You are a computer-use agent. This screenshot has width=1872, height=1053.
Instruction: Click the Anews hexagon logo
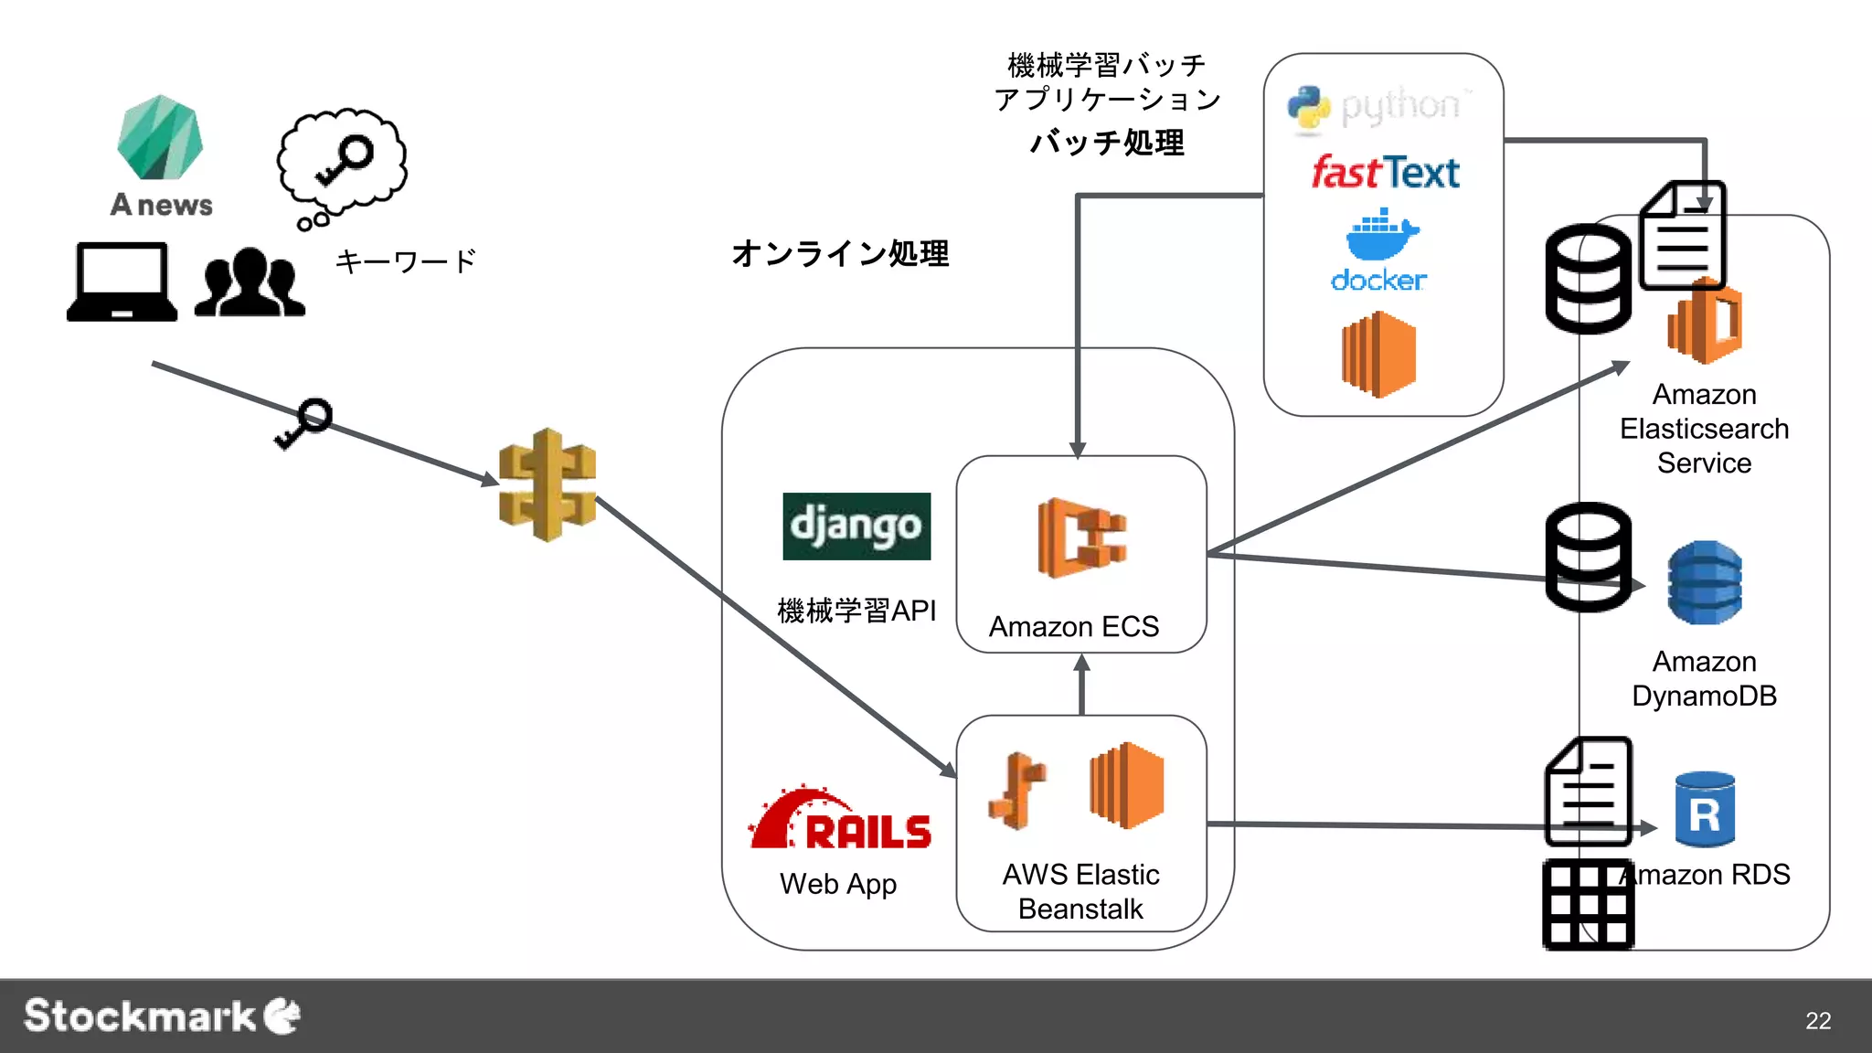(160, 138)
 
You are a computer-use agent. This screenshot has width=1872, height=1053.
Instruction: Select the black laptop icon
(122, 282)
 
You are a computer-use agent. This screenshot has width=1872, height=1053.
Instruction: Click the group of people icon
(250, 282)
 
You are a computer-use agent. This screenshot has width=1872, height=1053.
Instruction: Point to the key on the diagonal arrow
(304, 423)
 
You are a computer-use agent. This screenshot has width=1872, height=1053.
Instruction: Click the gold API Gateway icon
(548, 484)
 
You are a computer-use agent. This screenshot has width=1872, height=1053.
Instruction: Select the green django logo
(856, 526)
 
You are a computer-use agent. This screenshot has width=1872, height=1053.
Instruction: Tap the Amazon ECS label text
(1074, 627)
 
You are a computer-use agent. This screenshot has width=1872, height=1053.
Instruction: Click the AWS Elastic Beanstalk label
(1080, 891)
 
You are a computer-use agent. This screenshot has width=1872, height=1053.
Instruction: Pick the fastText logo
(1384, 172)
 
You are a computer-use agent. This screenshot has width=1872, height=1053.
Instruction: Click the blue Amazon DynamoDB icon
(1704, 583)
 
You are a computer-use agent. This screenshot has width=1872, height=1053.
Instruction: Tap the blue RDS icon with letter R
(1705, 811)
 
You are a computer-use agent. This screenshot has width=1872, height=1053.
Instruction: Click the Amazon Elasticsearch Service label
(1704, 429)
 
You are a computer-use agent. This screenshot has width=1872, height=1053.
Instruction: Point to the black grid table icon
(1588, 904)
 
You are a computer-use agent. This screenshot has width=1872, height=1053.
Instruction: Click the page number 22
(1817, 1020)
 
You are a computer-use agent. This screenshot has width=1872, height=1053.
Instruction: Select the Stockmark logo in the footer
(162, 1016)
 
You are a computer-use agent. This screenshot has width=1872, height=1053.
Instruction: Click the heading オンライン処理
(839, 253)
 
